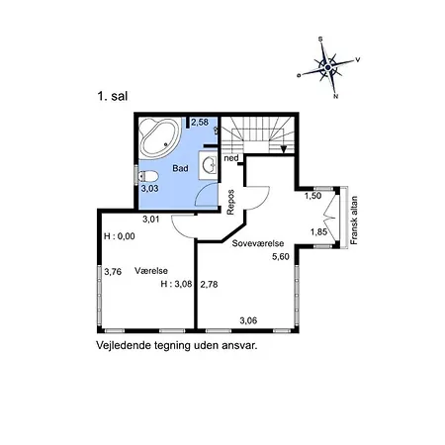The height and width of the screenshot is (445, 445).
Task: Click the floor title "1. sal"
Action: pyautogui.click(x=113, y=96)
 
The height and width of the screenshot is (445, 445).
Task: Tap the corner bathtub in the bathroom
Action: pyautogui.click(x=159, y=136)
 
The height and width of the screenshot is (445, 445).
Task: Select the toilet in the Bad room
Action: pyautogui.click(x=147, y=176)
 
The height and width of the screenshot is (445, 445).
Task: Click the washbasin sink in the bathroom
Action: pyautogui.click(x=209, y=165)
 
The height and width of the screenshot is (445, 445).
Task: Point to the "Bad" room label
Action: pyautogui.click(x=180, y=168)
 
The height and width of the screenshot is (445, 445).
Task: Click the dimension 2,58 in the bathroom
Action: pyautogui.click(x=200, y=123)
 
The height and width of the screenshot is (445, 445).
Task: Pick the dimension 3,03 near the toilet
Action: pyautogui.click(x=149, y=189)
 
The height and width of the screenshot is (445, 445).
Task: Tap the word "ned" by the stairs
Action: pyautogui.click(x=231, y=158)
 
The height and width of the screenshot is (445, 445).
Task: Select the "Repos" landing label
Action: pyautogui.click(x=230, y=202)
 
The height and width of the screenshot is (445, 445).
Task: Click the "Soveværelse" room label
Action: pyautogui.click(x=258, y=243)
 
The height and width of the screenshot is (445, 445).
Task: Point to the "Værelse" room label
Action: pyautogui.click(x=151, y=271)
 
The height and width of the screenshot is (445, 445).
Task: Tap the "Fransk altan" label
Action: pyautogui.click(x=354, y=221)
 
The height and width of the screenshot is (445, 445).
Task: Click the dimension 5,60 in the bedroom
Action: pyautogui.click(x=281, y=257)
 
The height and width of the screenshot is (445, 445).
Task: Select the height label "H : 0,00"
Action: pyautogui.click(x=120, y=236)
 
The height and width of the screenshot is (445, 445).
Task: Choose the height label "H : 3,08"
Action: pyautogui.click(x=176, y=284)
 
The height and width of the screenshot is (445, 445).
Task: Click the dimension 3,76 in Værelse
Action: pyautogui.click(x=113, y=272)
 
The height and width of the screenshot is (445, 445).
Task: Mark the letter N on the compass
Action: pyautogui.click(x=336, y=97)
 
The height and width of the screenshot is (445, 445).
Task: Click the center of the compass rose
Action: pyautogui.click(x=328, y=67)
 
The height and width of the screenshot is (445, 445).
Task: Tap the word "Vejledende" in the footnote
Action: pyautogui.click(x=121, y=346)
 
